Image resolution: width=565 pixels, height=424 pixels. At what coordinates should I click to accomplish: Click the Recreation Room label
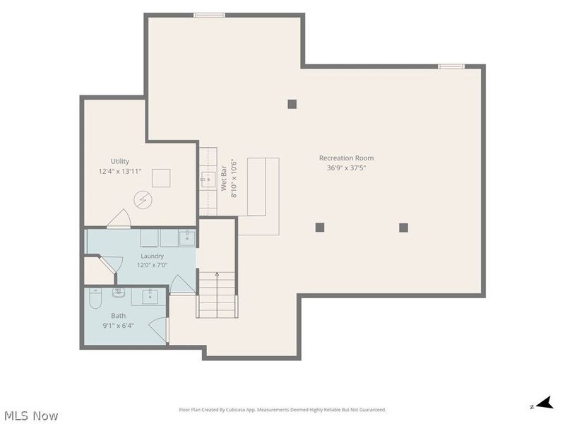pyautogui.click(x=346, y=158)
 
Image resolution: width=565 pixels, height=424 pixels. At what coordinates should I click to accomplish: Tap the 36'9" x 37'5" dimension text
pyautogui.click(x=346, y=167)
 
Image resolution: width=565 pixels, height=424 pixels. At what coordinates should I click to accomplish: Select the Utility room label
pyautogui.click(x=120, y=161)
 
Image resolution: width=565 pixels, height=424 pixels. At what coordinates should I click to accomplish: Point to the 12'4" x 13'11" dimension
pyautogui.click(x=120, y=171)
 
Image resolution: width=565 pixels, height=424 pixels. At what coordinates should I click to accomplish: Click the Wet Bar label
pyautogui.click(x=224, y=178)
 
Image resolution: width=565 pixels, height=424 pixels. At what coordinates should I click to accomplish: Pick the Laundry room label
pyautogui.click(x=152, y=256)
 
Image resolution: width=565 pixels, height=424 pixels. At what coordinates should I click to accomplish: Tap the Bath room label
pyautogui.click(x=118, y=316)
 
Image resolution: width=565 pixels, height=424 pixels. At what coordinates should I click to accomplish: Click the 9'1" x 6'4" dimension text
pyautogui.click(x=118, y=326)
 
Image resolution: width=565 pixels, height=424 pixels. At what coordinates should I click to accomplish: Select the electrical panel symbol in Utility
pyautogui.click(x=143, y=200)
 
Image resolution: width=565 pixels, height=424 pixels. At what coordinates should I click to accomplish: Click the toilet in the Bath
pyautogui.click(x=95, y=298)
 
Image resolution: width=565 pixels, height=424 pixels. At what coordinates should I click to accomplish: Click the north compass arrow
pyautogui.click(x=545, y=402)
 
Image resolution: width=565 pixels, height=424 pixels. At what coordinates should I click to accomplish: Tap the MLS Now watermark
pyautogui.click(x=31, y=416)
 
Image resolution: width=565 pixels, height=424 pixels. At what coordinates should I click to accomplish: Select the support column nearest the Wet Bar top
pyautogui.click(x=292, y=104)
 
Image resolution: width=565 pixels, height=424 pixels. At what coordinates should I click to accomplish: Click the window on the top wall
pyautogui.click(x=209, y=15)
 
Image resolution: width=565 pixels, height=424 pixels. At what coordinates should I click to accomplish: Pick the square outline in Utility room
pyautogui.click(x=161, y=178)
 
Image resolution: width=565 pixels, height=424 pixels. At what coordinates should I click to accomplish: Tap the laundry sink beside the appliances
pyautogui.click(x=187, y=238)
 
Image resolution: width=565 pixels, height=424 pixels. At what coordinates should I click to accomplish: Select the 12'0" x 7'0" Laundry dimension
pyautogui.click(x=152, y=266)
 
